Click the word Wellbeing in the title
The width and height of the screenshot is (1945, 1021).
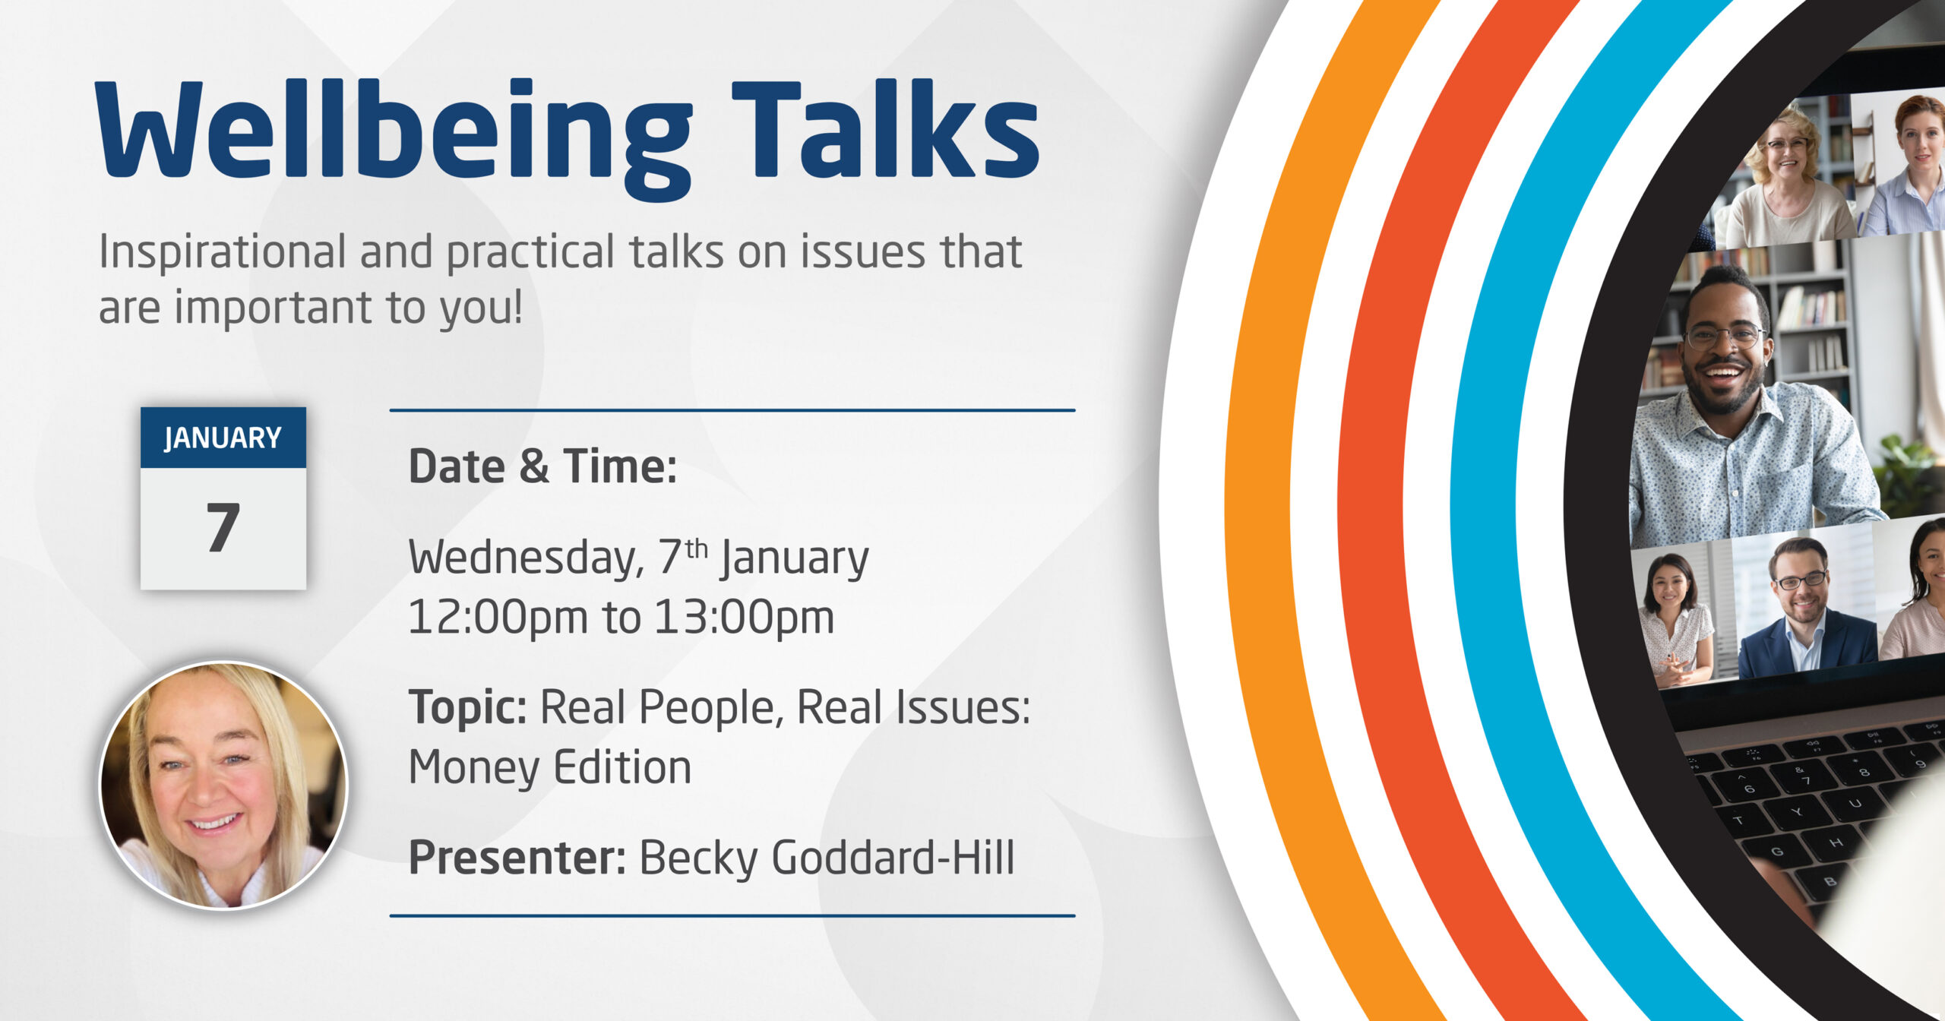[x=394, y=139]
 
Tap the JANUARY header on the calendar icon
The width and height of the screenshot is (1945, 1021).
[x=223, y=438]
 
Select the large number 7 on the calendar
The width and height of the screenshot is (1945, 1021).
[x=223, y=526]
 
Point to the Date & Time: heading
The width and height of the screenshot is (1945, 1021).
[x=542, y=466]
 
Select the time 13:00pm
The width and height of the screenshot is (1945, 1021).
[x=745, y=617]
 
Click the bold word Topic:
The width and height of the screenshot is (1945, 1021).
[x=467, y=706]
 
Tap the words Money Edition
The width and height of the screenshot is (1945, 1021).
[x=550, y=767]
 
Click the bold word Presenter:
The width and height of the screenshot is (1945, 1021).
[x=517, y=858]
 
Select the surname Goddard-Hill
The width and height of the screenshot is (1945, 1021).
[x=893, y=858]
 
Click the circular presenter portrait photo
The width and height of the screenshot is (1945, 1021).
[x=223, y=785]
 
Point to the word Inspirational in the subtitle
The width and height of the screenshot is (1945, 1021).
[x=223, y=253]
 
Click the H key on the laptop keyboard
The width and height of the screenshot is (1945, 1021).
[x=1836, y=842]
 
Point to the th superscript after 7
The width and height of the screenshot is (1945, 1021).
[x=696, y=548]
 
